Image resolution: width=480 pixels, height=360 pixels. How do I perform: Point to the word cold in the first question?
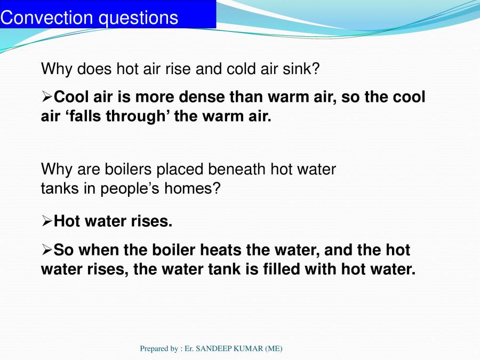click(243, 69)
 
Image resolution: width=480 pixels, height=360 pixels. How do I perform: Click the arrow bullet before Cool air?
click(47, 97)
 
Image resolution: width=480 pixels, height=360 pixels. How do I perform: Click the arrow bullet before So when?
click(47, 249)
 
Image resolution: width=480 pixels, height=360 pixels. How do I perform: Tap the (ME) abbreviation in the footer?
click(273, 348)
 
